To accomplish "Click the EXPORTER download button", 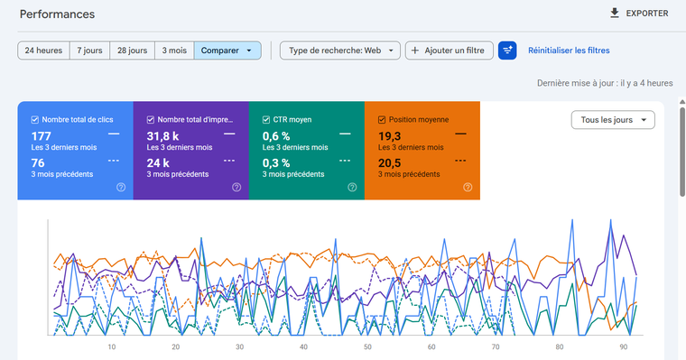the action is click(639, 14).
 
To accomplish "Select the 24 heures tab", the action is click(43, 51).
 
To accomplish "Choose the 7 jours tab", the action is click(89, 51).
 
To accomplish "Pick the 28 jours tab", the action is click(132, 51).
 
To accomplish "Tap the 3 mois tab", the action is click(174, 51).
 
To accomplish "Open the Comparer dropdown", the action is click(227, 51).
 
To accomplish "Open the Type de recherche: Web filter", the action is click(340, 51).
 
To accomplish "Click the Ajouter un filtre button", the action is click(450, 51).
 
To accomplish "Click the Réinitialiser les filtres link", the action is click(569, 51).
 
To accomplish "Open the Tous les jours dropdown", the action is click(613, 120).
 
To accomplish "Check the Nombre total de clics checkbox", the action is click(35, 120).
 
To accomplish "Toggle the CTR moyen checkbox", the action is click(266, 120).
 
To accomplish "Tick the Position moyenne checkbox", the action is click(382, 120).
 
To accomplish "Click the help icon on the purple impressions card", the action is click(236, 187).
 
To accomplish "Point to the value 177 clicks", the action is click(42, 136).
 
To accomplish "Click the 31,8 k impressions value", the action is click(162, 136).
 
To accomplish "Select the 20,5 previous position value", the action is click(389, 163).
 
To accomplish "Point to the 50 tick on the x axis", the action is click(367, 346).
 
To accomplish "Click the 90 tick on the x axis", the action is click(624, 346).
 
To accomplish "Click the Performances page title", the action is click(57, 14).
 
